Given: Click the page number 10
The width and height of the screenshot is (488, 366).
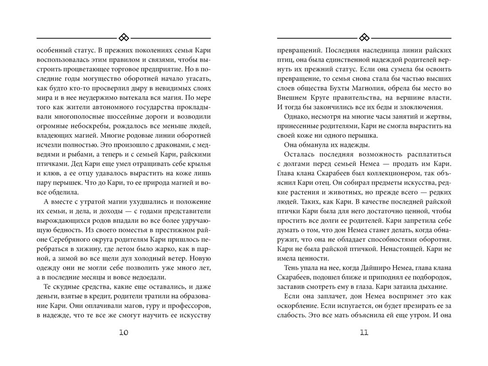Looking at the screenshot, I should coord(124,332).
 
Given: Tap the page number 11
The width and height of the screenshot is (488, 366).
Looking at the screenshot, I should coord(364,332).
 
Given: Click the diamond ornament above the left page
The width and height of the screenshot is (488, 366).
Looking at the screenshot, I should coord(124,36).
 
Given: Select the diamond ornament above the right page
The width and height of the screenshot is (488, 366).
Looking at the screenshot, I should coord(364,36).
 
